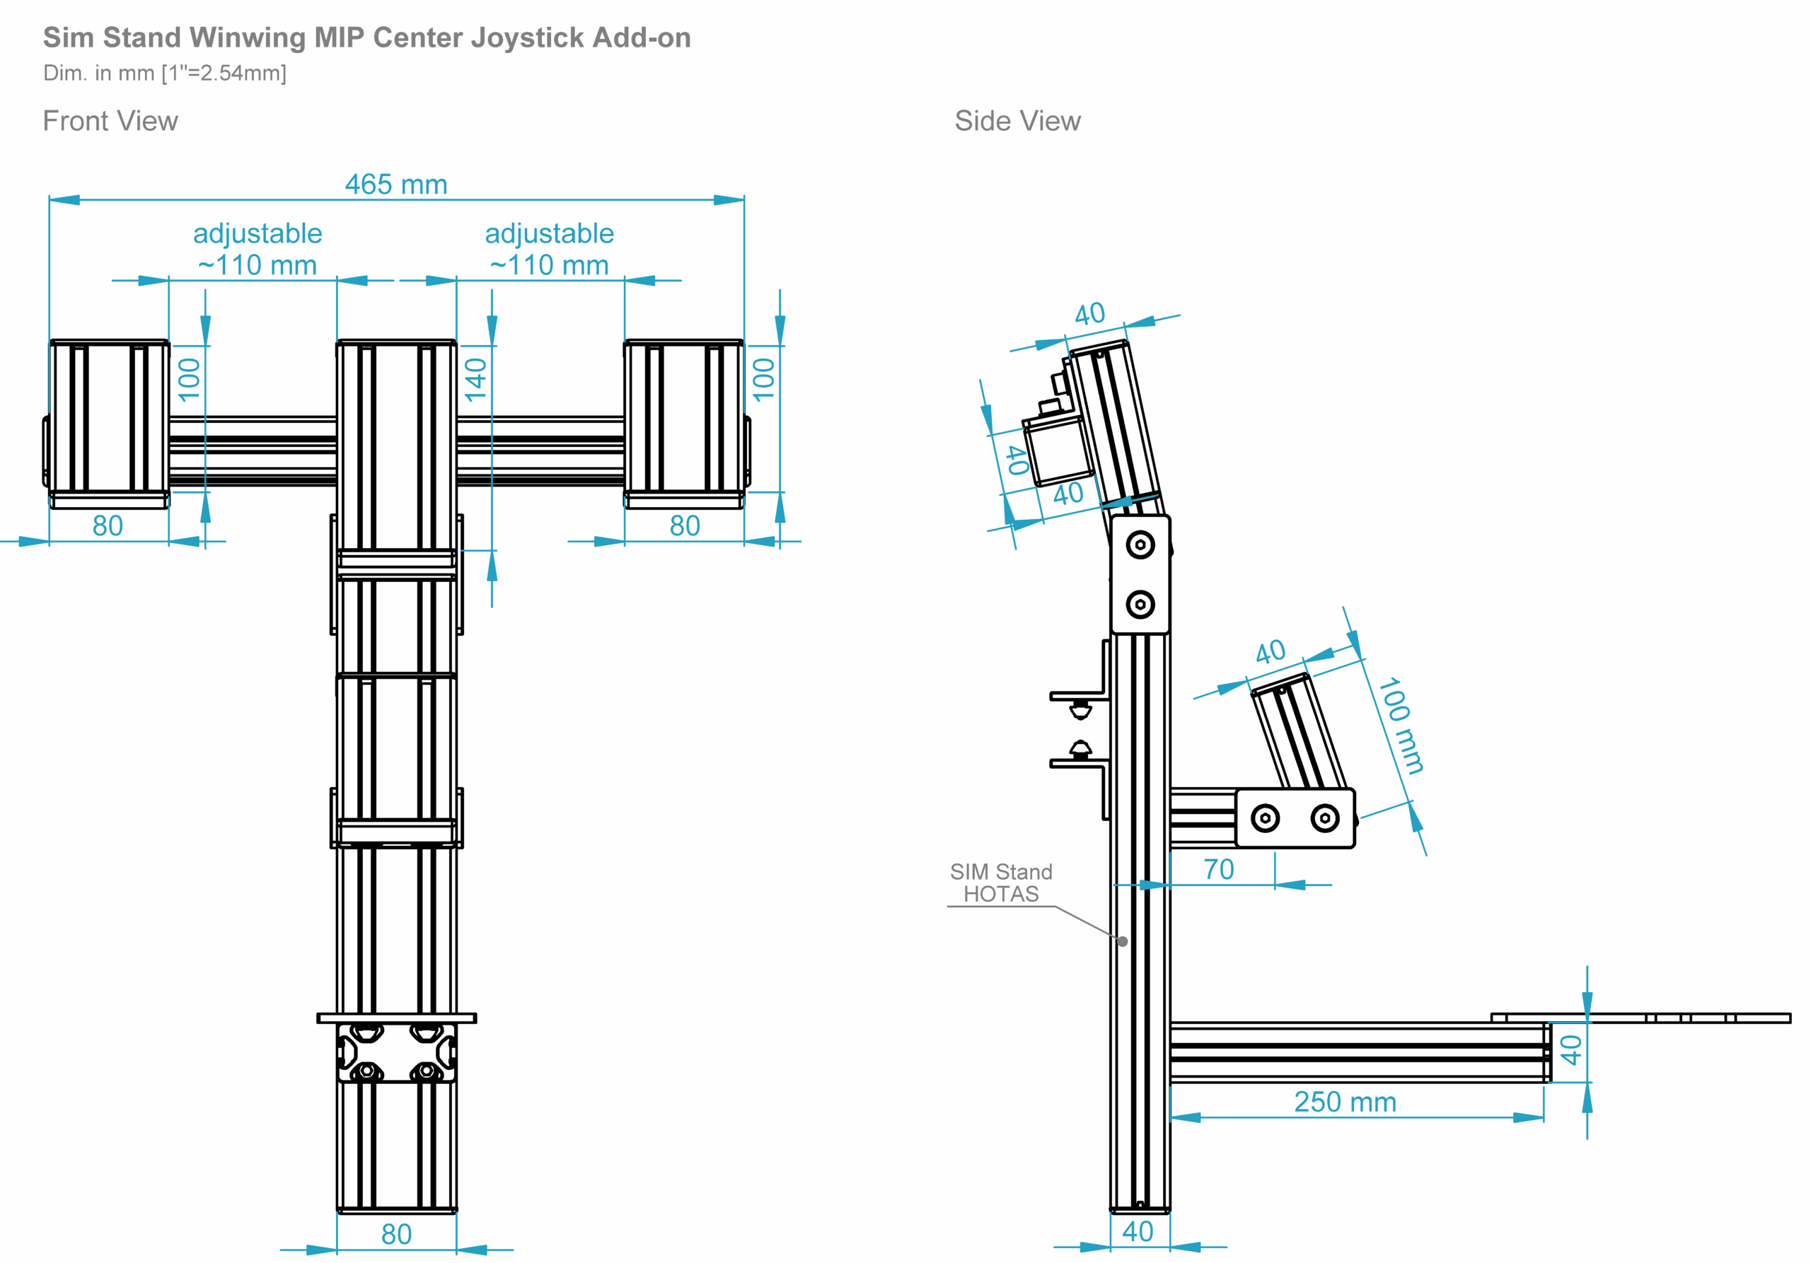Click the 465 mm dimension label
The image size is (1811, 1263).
point(396,185)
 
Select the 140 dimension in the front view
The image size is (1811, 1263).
point(475,379)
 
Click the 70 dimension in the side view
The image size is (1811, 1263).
point(1219,869)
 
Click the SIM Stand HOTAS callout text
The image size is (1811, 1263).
point(1001,883)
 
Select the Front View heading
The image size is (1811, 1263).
point(110,121)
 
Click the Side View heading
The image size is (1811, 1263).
point(1017,121)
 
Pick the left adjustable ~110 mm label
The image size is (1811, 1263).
point(258,249)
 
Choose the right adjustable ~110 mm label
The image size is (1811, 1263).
point(549,249)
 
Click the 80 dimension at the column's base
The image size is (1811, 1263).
point(396,1234)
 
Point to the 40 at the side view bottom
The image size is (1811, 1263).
point(1138,1231)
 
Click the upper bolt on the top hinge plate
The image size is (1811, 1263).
point(1140,545)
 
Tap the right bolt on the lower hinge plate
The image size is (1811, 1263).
point(1325,818)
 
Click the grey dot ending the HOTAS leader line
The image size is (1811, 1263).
point(1123,941)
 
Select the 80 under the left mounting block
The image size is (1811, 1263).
point(108,526)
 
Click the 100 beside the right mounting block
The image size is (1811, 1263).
point(763,379)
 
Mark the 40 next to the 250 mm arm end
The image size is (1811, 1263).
point(1570,1050)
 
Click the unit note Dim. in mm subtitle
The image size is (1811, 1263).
point(165,74)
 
